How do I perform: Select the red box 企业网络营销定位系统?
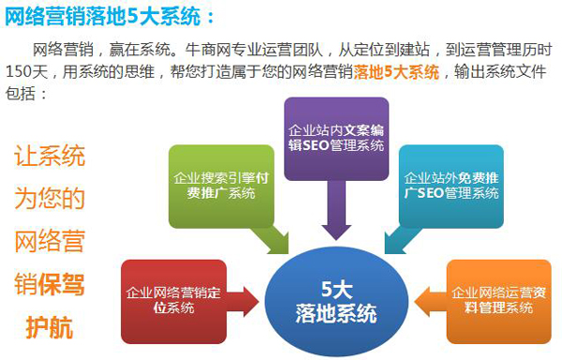[x=173, y=300]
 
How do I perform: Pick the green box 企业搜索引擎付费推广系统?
[x=215, y=187]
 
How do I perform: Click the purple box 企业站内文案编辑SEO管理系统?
[x=334, y=135]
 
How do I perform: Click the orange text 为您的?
[x=49, y=199]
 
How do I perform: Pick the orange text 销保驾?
[x=49, y=284]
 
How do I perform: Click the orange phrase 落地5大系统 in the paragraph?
[x=397, y=73]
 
